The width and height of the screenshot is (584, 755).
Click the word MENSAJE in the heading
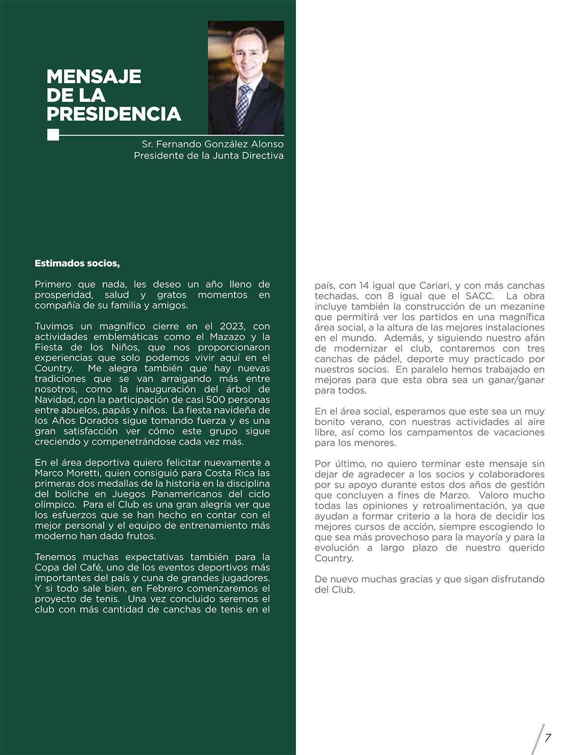tap(94, 76)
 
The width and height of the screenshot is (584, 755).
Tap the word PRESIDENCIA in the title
tap(114, 114)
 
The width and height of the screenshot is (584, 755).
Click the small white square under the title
tap(53, 135)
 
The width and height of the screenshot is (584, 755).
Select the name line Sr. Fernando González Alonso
tap(213, 144)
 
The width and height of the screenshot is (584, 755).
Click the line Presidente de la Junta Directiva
tap(209, 156)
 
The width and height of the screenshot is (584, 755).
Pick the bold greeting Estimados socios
tap(77, 263)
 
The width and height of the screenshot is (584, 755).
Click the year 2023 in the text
tap(232, 326)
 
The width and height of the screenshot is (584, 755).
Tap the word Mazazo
tap(228, 337)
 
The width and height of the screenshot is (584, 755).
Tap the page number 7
tap(547, 737)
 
